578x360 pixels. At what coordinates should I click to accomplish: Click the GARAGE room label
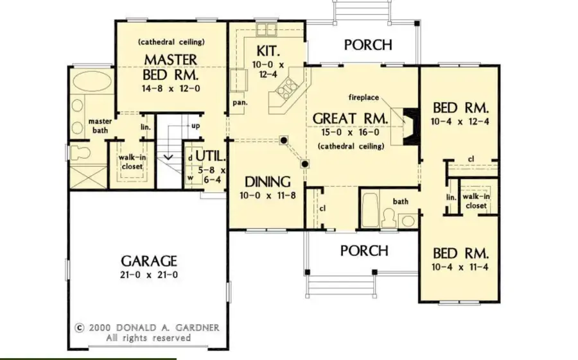pos(148,261)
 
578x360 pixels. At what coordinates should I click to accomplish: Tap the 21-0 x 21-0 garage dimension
pos(148,275)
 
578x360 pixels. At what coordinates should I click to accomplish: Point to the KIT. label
pos(267,50)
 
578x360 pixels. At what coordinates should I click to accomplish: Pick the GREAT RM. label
pos(350,119)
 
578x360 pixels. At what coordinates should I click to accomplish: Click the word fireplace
pos(363,98)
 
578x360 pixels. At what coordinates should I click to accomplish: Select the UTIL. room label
pos(209,156)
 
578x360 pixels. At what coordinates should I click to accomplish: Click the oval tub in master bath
pos(90,83)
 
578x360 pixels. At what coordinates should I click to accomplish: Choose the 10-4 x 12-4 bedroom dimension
pos(460,121)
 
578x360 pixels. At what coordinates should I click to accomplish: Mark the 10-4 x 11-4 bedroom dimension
pos(460,266)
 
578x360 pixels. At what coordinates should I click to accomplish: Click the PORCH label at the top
pos(368,45)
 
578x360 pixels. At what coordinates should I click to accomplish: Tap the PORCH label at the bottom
pos(364,250)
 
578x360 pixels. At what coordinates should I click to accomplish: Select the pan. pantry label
pos(240,102)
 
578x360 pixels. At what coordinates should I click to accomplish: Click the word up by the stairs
pos(195,126)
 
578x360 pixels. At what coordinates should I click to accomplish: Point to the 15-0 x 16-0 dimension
pos(350,133)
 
